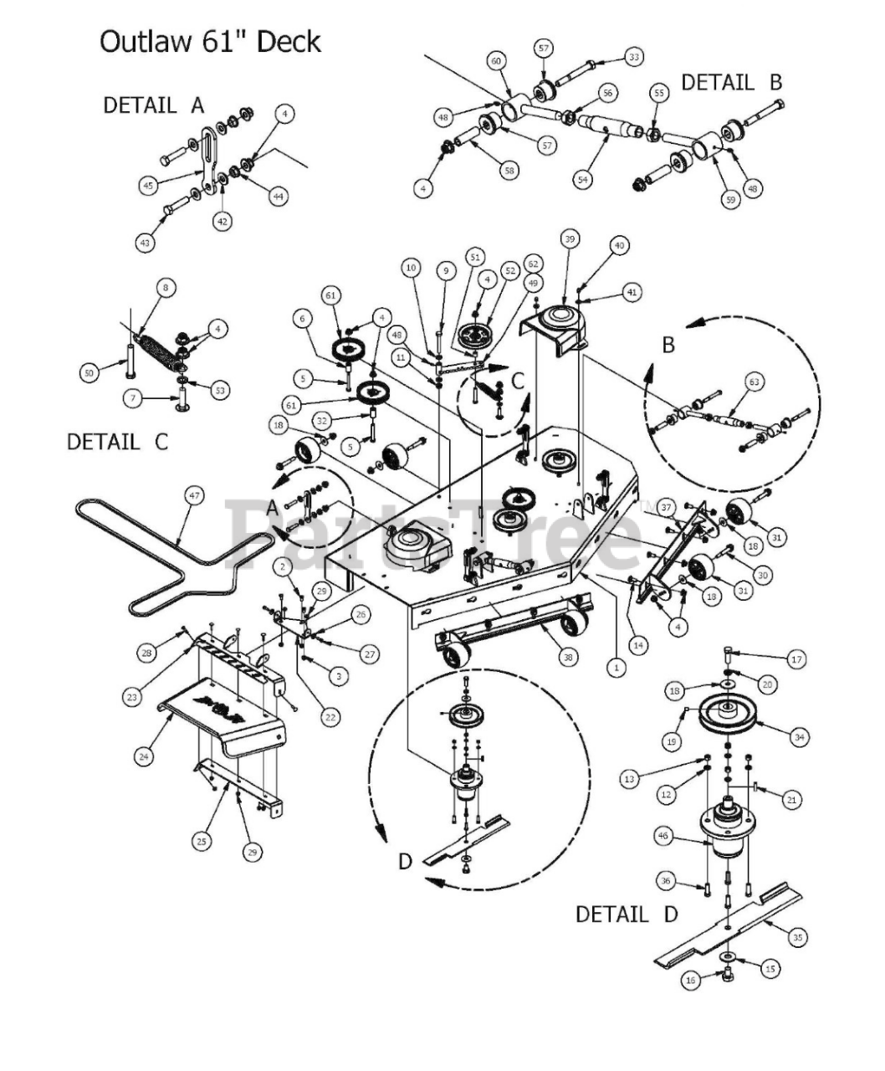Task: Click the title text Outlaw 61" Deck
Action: pyautogui.click(x=210, y=41)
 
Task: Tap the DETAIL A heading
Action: pyautogui.click(x=153, y=105)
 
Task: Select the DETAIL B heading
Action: pyautogui.click(x=731, y=83)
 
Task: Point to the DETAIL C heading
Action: pyautogui.click(x=117, y=442)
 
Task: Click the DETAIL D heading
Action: pyautogui.click(x=627, y=914)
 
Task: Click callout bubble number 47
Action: pyautogui.click(x=194, y=496)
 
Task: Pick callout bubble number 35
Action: pyautogui.click(x=797, y=938)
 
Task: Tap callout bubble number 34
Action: pyautogui.click(x=800, y=736)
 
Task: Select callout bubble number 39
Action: pyautogui.click(x=569, y=239)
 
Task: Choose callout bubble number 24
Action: pyautogui.click(x=144, y=756)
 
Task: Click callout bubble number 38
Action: pyautogui.click(x=568, y=658)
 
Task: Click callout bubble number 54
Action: pyautogui.click(x=582, y=178)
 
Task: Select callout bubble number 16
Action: pyautogui.click(x=690, y=980)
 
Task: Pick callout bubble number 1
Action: pyautogui.click(x=616, y=667)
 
